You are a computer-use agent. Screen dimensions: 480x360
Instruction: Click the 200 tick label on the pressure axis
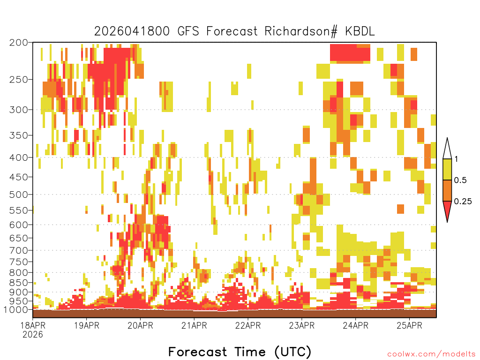click(x=18, y=43)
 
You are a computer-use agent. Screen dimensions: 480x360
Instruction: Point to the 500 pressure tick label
click(x=18, y=195)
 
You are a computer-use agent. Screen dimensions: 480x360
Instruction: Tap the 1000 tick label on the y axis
click(x=16, y=310)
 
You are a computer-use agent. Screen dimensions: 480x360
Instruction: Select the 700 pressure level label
click(x=18, y=250)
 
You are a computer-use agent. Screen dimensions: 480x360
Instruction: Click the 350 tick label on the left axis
click(x=18, y=135)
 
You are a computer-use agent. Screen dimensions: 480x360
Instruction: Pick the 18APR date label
click(x=33, y=325)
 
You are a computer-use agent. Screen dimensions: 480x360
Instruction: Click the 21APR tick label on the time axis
click(x=194, y=325)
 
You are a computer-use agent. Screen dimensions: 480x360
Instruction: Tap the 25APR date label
click(x=409, y=325)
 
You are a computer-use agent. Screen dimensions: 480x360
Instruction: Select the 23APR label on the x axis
click(x=301, y=325)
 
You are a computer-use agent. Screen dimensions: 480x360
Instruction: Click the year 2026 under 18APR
click(x=33, y=334)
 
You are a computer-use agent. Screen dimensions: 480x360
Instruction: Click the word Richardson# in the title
click(x=301, y=31)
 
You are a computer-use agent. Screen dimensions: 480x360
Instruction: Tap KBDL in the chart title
click(x=360, y=31)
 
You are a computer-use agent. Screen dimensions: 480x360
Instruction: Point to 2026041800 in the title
click(x=132, y=31)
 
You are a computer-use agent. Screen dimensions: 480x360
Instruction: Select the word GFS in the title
click(x=188, y=31)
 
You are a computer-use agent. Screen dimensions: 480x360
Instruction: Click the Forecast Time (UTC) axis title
click(x=240, y=352)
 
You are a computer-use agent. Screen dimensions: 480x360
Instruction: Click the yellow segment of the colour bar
click(x=447, y=169)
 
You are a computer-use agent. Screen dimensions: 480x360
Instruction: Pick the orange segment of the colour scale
click(x=447, y=190)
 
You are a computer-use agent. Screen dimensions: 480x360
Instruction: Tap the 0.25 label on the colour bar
click(x=463, y=202)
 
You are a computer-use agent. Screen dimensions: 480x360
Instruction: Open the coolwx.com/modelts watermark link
click(x=431, y=354)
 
